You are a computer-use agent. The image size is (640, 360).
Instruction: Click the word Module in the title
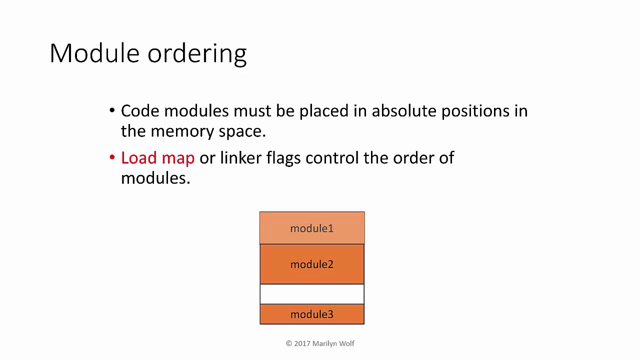pyautogui.click(x=94, y=53)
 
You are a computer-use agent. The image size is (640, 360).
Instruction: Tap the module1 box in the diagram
pyautogui.click(x=312, y=228)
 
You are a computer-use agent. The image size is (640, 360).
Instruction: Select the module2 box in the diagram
pyautogui.click(x=312, y=264)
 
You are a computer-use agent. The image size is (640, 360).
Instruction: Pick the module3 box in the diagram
pyautogui.click(x=312, y=314)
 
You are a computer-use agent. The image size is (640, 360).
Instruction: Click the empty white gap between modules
pyautogui.click(x=312, y=294)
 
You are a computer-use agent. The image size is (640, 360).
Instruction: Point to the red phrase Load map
pyautogui.click(x=157, y=158)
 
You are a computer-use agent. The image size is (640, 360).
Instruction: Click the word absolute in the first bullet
pyautogui.click(x=404, y=111)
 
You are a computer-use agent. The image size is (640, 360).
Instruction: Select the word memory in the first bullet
pyautogui.click(x=182, y=131)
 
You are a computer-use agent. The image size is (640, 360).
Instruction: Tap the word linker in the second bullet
pyautogui.click(x=240, y=158)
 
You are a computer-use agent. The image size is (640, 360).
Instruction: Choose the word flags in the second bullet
pyautogui.click(x=283, y=158)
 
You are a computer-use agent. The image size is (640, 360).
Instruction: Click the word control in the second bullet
pyautogui.click(x=332, y=158)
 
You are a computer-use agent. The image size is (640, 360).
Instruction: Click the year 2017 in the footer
pyautogui.click(x=302, y=343)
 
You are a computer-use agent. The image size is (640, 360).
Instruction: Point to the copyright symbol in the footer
pyautogui.click(x=289, y=343)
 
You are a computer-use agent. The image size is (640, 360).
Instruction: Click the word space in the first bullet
pyautogui.click(x=242, y=131)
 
